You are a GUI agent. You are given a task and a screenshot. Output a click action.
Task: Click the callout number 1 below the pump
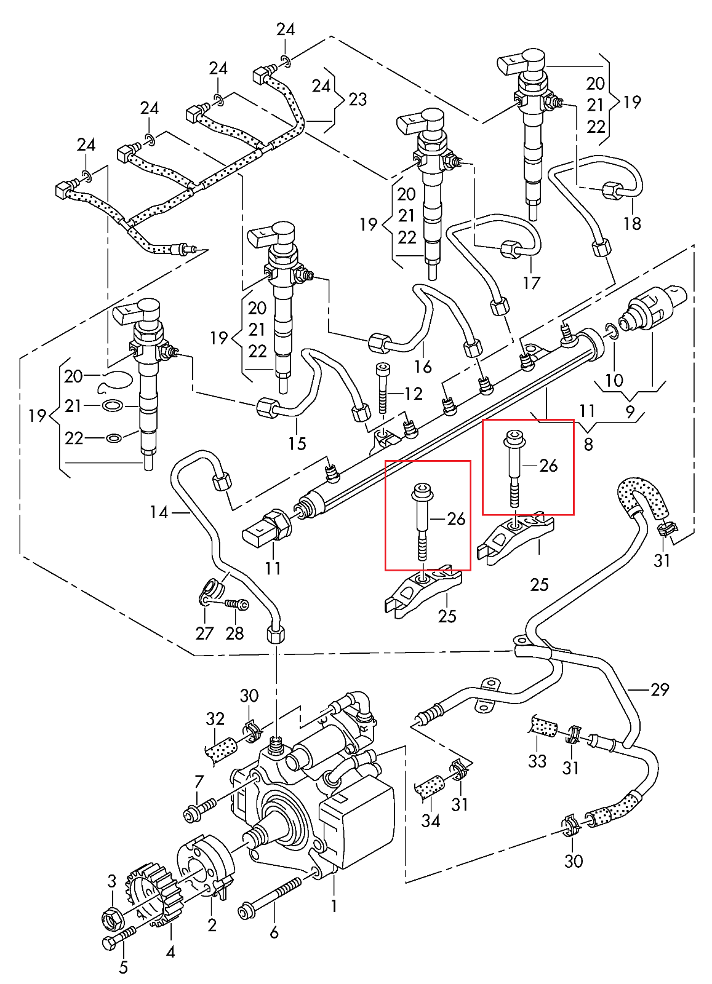point(334,907)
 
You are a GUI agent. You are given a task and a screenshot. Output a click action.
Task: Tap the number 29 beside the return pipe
point(660,689)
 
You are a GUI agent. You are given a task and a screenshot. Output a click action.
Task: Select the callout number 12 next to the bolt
point(414,394)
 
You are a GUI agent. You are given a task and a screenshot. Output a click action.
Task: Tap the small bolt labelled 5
point(119,938)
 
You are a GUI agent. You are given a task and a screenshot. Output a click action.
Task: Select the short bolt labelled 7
point(199,809)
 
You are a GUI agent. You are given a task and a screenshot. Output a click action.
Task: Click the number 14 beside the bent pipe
point(159,512)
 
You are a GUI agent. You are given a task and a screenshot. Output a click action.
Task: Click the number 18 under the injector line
point(632,223)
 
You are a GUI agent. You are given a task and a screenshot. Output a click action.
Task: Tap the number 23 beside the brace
point(358,100)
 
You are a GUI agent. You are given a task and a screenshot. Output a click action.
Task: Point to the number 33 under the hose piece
point(537,761)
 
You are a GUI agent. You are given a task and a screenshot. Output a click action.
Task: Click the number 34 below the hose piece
point(431,820)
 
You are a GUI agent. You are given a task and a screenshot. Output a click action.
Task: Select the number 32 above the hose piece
point(215,718)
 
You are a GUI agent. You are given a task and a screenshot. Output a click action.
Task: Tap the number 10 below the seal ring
point(614,380)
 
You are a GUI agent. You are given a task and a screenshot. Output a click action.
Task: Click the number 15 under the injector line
point(297,443)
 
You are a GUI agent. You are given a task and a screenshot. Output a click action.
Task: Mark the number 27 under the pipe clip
point(204,633)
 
